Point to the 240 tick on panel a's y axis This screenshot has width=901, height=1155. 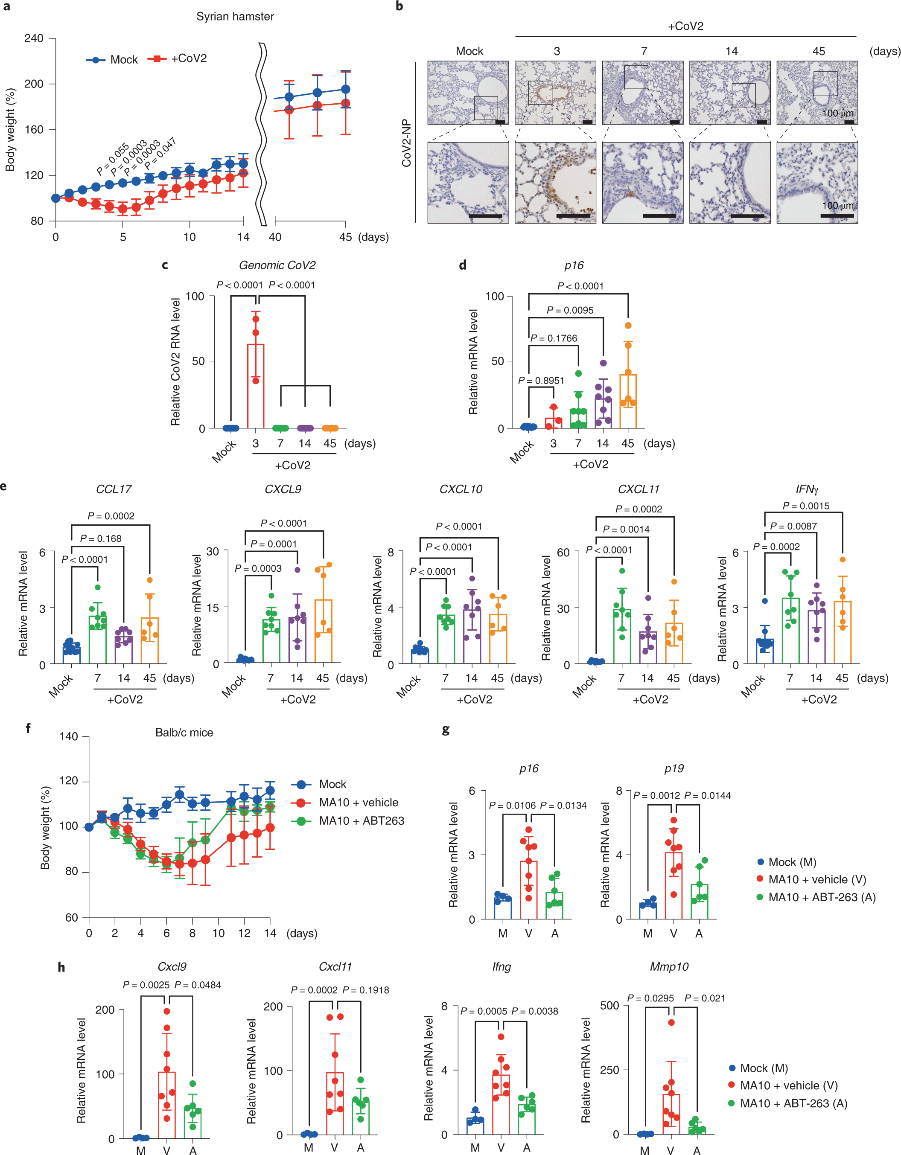(33, 38)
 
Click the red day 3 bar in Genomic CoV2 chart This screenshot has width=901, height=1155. (256, 386)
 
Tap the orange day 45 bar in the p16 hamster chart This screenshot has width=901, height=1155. (628, 401)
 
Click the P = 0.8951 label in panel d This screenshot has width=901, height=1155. (541, 381)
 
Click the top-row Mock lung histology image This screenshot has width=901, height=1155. (468, 93)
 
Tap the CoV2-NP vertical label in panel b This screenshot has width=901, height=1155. (406, 143)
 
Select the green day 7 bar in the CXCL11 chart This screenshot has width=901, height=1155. (622, 636)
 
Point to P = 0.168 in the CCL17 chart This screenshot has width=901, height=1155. (101, 539)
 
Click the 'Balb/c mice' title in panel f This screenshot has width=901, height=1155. (184, 733)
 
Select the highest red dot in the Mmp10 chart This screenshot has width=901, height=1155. (671, 1023)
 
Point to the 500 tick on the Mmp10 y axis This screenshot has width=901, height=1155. (609, 1005)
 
